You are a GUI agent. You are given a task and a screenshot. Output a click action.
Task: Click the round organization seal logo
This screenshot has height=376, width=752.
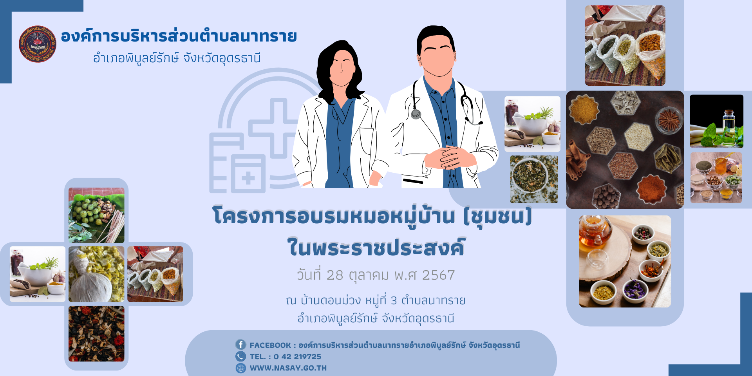(38, 44)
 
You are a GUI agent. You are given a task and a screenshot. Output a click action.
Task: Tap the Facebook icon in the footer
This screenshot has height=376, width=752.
(240, 345)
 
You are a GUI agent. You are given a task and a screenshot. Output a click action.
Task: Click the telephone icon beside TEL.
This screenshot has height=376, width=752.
(240, 356)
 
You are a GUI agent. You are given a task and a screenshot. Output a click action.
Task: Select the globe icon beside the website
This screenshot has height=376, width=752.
(240, 368)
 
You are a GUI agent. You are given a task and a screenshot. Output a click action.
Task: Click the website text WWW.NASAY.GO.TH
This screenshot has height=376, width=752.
(288, 368)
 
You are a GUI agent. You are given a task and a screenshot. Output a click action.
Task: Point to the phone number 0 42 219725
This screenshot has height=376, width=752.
(297, 356)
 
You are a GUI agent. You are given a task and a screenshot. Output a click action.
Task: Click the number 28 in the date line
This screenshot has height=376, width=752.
(335, 275)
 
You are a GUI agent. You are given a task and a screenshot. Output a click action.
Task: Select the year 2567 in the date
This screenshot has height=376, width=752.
(438, 275)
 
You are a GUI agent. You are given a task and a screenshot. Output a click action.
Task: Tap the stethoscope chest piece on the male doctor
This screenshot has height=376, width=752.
(416, 114)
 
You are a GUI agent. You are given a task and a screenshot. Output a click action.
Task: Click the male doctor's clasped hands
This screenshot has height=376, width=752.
(450, 157)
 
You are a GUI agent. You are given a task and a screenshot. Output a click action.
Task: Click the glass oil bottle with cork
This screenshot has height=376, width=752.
(728, 123)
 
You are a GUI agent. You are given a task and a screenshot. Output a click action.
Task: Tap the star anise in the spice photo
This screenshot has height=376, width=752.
(668, 119)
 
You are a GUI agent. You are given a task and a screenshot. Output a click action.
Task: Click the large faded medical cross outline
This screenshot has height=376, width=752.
(274, 128)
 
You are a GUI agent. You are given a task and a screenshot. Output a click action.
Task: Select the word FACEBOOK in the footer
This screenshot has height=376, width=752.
(270, 345)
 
